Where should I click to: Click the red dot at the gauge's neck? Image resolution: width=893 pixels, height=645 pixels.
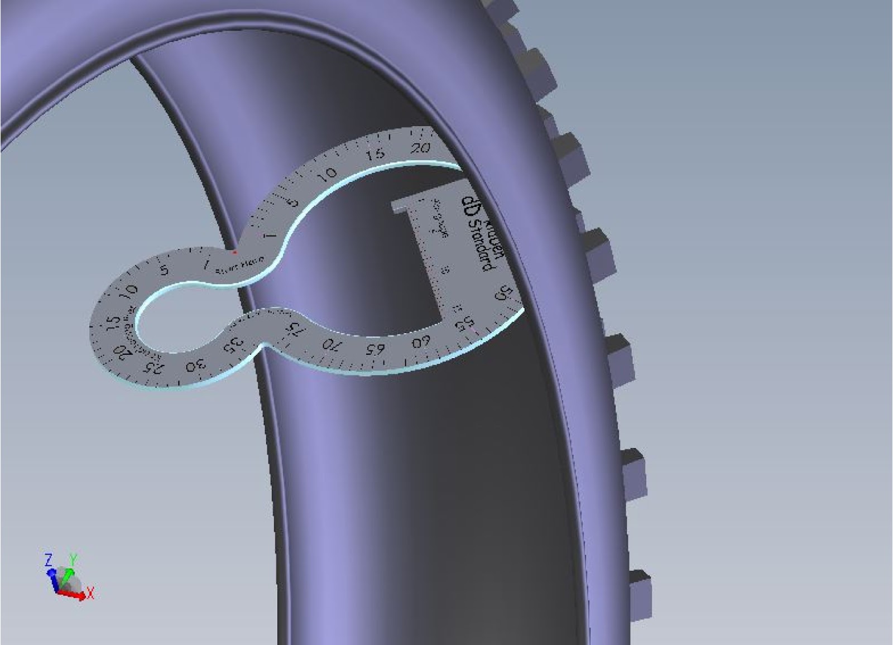[x=234, y=252]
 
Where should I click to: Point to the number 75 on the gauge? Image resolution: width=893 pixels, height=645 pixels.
[x=295, y=329]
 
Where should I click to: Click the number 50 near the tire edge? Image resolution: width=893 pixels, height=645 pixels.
[x=504, y=293]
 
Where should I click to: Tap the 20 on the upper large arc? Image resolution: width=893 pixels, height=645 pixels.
[x=420, y=147]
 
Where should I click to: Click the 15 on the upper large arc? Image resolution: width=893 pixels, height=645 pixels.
[x=376, y=154]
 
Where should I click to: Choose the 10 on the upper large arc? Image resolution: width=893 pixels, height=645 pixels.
[x=329, y=174]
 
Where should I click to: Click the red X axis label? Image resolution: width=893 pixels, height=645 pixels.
[x=90, y=593]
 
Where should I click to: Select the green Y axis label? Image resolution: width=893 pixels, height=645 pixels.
[x=73, y=559]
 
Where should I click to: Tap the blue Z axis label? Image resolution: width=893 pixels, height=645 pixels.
[x=49, y=560]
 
